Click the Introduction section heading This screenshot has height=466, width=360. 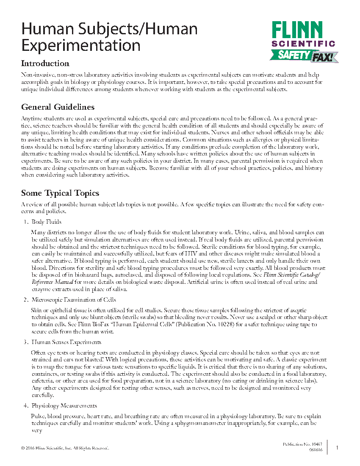pyautogui.click(x=45, y=64)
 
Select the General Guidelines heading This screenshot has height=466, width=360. pyautogui.click(x=58, y=107)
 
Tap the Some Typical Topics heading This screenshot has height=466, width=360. pyautogui.click(x=60, y=193)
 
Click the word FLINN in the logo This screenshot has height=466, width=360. pyautogui.click(x=297, y=31)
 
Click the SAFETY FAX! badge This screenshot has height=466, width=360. pyautogui.click(x=304, y=55)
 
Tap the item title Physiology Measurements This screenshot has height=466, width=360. pyautogui.click(x=64, y=406)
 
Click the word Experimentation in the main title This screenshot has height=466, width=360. pyautogui.click(x=81, y=45)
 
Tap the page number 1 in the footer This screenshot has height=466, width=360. pyautogui.click(x=337, y=448)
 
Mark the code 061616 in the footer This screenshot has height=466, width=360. pyautogui.click(x=316, y=450)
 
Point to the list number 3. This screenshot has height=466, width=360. pyautogui.click(x=25, y=342)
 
